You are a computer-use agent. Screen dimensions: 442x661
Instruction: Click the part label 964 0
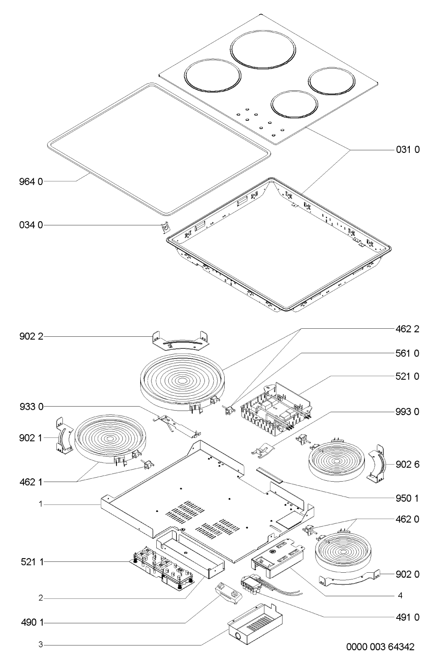pos(31,181)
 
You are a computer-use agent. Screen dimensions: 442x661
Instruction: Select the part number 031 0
pos(407,150)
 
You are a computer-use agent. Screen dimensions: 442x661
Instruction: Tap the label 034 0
pos(31,226)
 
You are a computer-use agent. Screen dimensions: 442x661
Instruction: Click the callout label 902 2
pos(31,336)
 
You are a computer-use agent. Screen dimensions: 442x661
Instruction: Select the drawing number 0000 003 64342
pos(380,647)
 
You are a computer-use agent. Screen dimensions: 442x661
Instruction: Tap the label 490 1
pos(33,623)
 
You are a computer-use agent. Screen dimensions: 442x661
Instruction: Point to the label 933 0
pos(31,407)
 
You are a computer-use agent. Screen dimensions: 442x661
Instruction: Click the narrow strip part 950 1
pos(270,475)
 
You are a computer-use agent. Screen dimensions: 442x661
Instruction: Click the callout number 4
pos(400,596)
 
